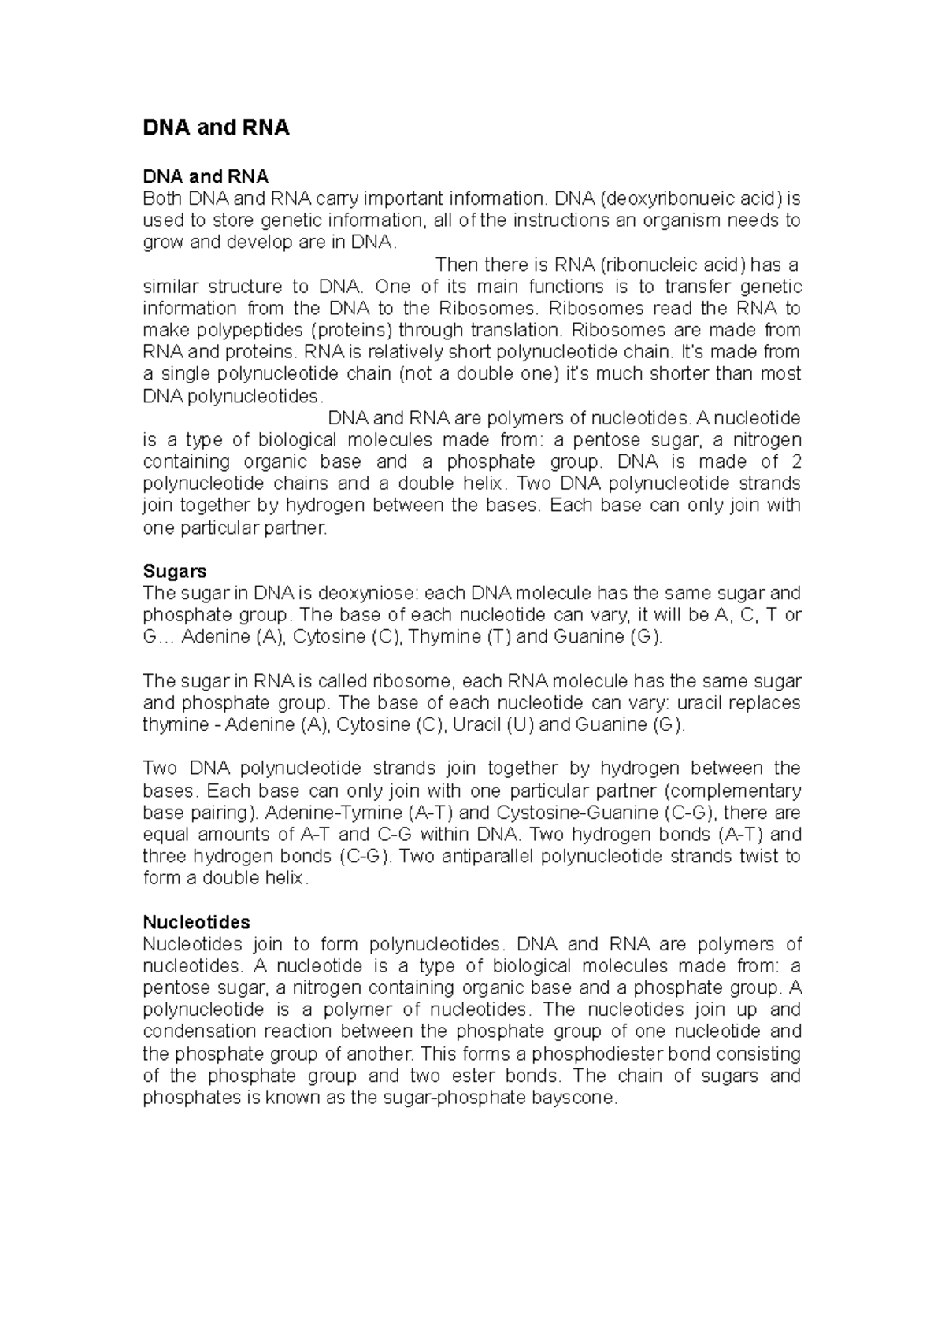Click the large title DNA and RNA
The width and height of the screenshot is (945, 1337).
click(x=216, y=128)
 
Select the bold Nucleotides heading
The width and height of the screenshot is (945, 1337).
click(x=196, y=921)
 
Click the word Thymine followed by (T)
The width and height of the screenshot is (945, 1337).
click(x=446, y=637)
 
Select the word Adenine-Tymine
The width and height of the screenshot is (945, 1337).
click(x=336, y=813)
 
